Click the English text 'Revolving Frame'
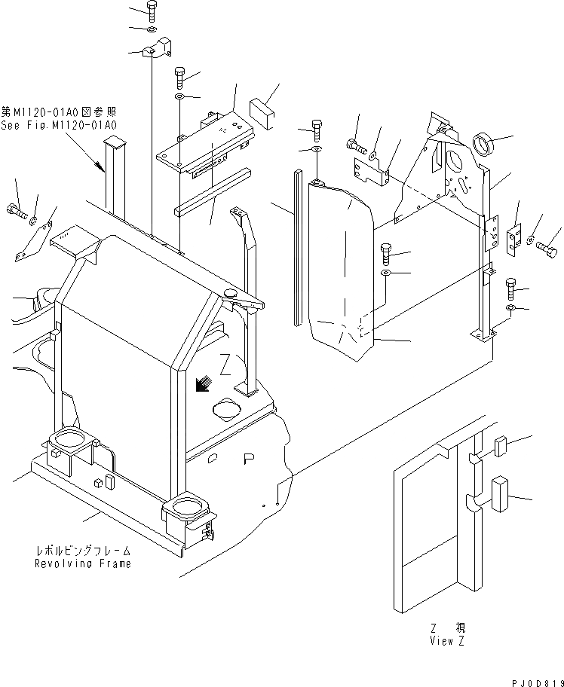tap(82, 563)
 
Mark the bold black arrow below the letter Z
tap(201, 385)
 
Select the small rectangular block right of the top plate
tap(263, 105)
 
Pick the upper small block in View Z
tap(501, 447)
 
